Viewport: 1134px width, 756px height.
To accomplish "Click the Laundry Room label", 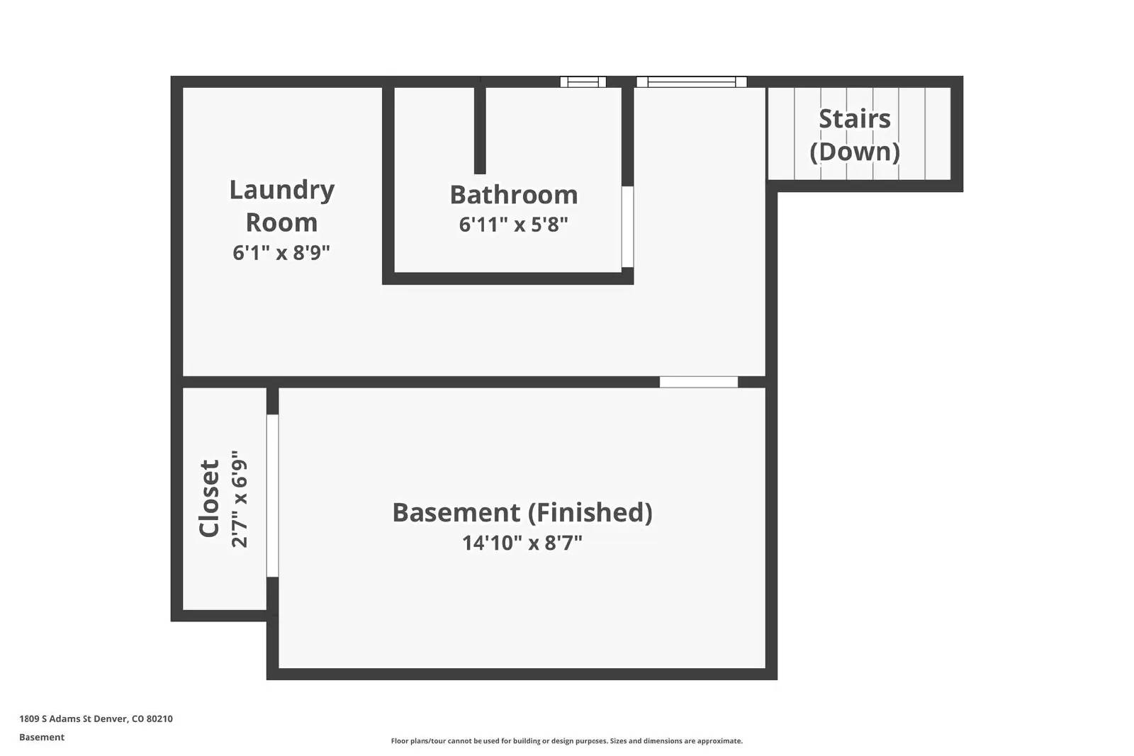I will pos(281,205).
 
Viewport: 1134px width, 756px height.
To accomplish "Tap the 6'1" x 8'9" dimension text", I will pos(281,252).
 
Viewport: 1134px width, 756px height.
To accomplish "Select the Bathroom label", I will pos(514,195).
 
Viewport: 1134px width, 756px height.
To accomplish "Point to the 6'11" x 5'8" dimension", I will pos(514,225).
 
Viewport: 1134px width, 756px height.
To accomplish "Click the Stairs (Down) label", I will pos(855,135).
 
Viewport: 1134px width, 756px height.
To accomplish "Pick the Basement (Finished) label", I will pos(522,512).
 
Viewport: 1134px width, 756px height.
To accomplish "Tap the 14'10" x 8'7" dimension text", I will pos(522,543).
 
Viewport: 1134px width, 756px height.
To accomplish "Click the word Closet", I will pos(209,498).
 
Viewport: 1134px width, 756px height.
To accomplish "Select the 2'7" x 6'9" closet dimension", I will pos(240,498).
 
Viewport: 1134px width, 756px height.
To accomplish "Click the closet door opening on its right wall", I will pos(272,495).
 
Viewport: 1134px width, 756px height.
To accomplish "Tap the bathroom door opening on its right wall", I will pos(627,227).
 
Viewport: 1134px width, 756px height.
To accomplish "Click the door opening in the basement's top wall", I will pos(699,382).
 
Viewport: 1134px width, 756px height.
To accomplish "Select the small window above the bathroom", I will pos(583,81).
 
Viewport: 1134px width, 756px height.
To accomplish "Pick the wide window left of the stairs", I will pos(692,81).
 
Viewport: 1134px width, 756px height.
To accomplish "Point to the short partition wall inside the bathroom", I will pos(480,130).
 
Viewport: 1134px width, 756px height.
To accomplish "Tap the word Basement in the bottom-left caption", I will pos(42,737).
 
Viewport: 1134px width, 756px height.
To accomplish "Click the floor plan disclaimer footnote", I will pos(567,741).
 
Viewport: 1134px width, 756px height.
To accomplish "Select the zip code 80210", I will pos(159,718).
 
